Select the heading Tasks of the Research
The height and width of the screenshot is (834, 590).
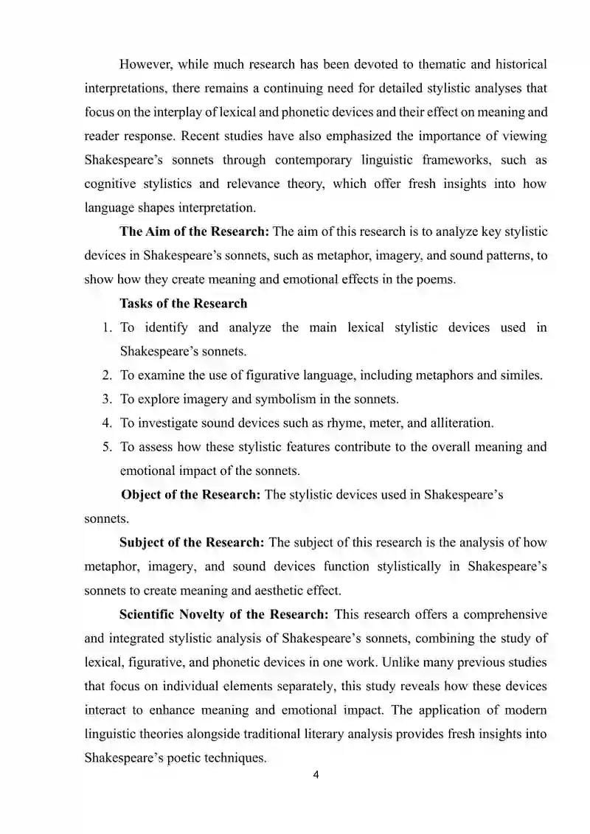[x=184, y=304]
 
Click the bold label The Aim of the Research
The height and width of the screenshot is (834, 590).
[x=195, y=232]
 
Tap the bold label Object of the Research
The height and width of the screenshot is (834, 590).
[x=190, y=495]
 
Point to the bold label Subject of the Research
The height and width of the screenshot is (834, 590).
[x=192, y=543]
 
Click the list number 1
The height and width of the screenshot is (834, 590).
[x=107, y=327]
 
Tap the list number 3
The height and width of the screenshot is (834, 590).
[x=107, y=399]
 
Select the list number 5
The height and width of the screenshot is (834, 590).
[x=107, y=447]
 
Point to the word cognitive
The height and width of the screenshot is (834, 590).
[x=113, y=184]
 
